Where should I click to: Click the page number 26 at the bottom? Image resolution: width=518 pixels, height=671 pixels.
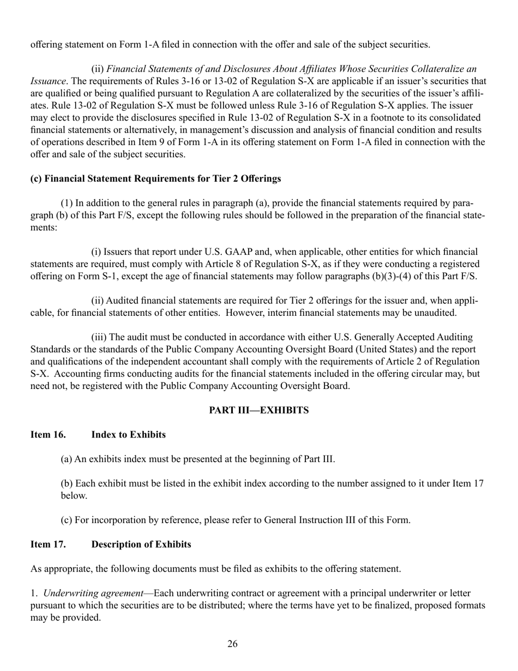232,644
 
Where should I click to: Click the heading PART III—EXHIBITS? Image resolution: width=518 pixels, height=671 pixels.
259,410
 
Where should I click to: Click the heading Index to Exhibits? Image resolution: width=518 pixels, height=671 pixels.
129,435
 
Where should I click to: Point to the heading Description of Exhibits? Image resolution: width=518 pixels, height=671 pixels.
141,544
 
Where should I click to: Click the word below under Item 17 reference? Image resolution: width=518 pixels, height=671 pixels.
74,496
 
